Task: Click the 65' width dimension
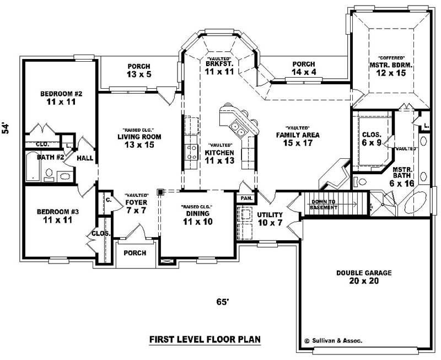pos(222,302)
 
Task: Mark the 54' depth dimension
pos(6,128)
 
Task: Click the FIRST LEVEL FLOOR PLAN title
pos(205,340)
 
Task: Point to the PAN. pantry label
pos(245,197)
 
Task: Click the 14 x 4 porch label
pos(304,68)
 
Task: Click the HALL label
pos(85,158)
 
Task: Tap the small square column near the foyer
pos(160,192)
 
